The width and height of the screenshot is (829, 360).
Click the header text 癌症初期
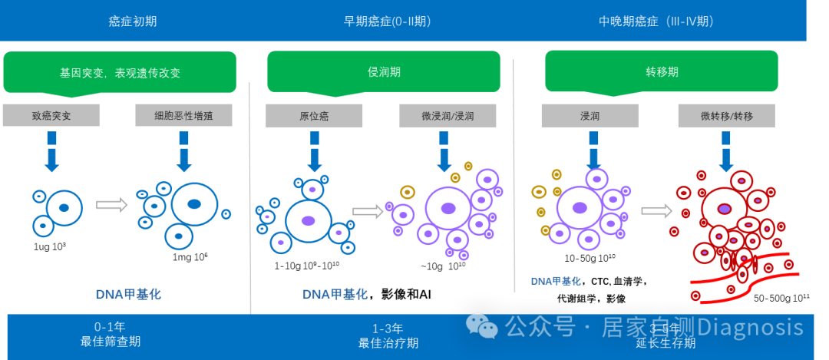coord(132,21)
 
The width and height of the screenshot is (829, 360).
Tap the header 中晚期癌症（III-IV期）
coord(656,21)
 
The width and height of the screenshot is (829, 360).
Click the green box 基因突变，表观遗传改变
coord(120,73)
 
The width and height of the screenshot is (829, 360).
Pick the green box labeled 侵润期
coord(384,72)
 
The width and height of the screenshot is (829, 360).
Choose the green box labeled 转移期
coord(662,72)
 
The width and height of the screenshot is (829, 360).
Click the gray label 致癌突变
coord(51,116)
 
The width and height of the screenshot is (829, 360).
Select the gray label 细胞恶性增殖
coord(183,116)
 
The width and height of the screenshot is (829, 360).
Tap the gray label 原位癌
coord(314,116)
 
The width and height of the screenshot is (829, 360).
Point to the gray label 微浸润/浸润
coord(448,116)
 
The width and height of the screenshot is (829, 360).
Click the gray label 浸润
coord(590,116)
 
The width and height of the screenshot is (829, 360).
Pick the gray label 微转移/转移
coord(726,116)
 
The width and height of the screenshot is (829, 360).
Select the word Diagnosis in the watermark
coord(750,326)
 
